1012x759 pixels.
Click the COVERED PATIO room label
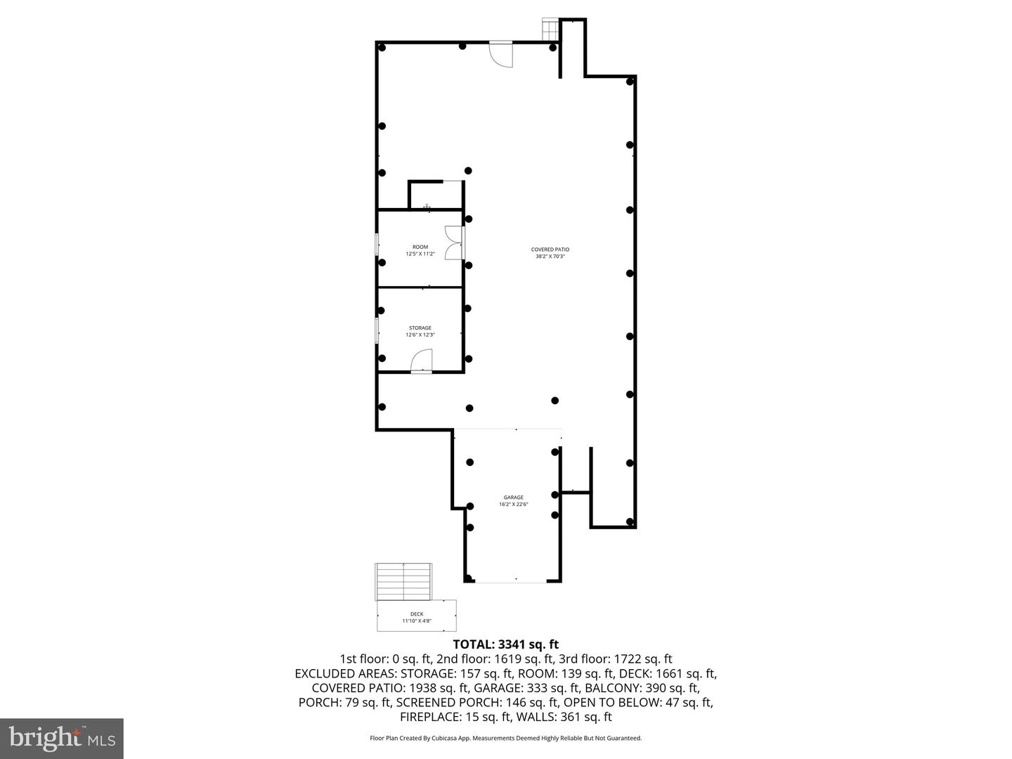[x=550, y=253]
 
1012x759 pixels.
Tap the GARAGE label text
[x=513, y=500]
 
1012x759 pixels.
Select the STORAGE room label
[x=420, y=331]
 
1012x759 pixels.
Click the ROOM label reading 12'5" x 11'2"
[x=420, y=250]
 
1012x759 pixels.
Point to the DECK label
[x=417, y=617]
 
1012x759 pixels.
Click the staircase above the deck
[x=403, y=582]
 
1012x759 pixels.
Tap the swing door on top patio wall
[x=501, y=54]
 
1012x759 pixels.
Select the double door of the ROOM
[x=454, y=242]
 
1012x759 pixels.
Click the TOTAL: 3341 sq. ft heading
[x=505, y=644]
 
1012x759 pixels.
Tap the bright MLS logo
[x=62, y=739]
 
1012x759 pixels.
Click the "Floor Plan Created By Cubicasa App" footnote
[x=505, y=738]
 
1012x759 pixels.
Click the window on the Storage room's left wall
[x=377, y=330]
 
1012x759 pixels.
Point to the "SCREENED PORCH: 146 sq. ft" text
[x=477, y=702]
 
